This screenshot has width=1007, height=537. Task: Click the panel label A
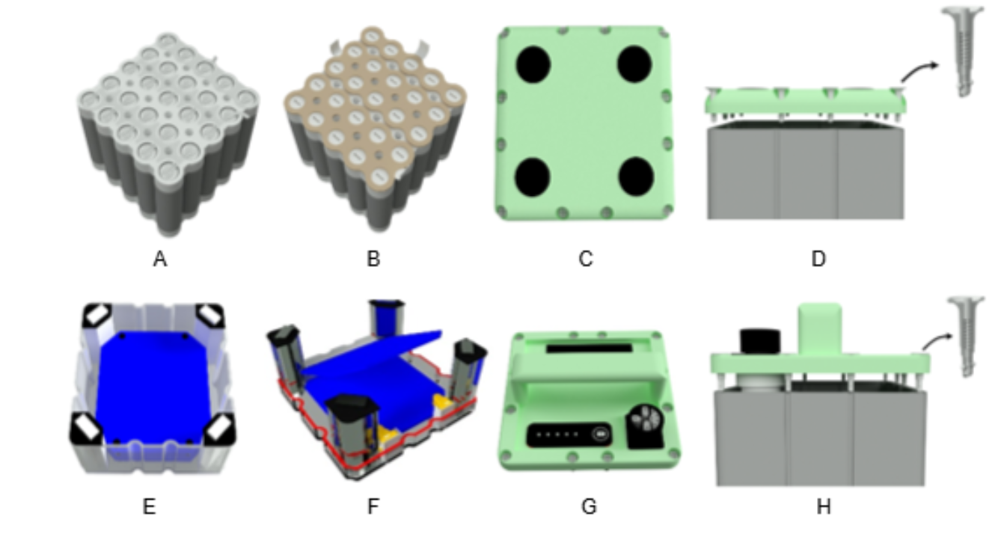[160, 260]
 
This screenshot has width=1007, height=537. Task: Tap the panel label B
[373, 260]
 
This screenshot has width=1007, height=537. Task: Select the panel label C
[586, 260]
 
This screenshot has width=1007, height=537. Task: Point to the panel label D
[818, 260]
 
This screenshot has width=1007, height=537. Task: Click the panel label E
[149, 507]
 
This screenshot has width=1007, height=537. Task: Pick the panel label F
[373, 507]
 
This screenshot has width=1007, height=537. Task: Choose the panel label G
[589, 507]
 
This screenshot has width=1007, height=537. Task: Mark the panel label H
[823, 507]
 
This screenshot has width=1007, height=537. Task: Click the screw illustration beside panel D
[962, 51]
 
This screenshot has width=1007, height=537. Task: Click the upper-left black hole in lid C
[533, 64]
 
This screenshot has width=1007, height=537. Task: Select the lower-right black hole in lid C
[636, 177]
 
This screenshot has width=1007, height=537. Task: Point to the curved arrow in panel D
[917, 71]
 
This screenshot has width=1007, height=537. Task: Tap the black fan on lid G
[646, 426]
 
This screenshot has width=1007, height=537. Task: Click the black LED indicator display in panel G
[569, 435]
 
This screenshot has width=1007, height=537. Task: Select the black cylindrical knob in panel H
[760, 342]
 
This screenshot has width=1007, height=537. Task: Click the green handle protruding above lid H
[819, 328]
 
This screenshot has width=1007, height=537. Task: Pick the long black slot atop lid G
[589, 349]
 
